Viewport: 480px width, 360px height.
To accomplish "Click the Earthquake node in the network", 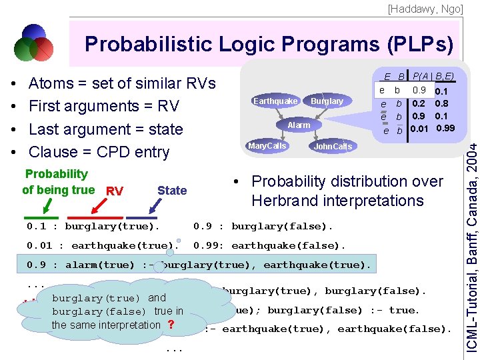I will [x=275, y=101].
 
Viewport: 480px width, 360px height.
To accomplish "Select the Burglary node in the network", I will [x=327, y=101].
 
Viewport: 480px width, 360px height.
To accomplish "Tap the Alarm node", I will [x=299, y=125].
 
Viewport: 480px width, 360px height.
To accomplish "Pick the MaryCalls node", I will [x=267, y=146].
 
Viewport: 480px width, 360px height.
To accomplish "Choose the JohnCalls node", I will [x=333, y=147].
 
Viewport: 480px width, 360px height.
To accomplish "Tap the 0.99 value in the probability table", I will [x=445, y=129].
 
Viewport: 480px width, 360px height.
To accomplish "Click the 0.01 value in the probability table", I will [x=419, y=129].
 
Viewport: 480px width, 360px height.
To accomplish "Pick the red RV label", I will [x=114, y=191].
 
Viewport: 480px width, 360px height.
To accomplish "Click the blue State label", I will [x=172, y=191].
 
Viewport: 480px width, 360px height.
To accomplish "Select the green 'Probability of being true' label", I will [x=57, y=182].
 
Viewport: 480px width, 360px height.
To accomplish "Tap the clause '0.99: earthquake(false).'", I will [x=269, y=245].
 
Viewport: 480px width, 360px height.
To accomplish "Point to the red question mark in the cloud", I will [x=171, y=325].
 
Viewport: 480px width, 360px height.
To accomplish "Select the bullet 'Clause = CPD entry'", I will [x=100, y=152].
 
